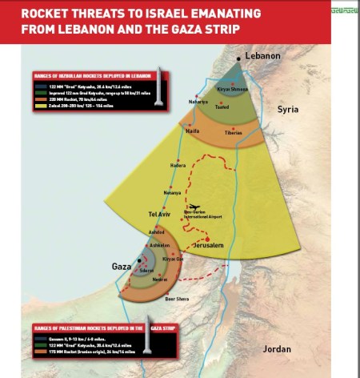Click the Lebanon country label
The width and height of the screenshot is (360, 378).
[262, 55]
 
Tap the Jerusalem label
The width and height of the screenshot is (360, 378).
[211, 245]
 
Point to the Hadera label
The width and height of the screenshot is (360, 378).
[178, 166]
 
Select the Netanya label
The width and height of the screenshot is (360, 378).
[172, 193]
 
